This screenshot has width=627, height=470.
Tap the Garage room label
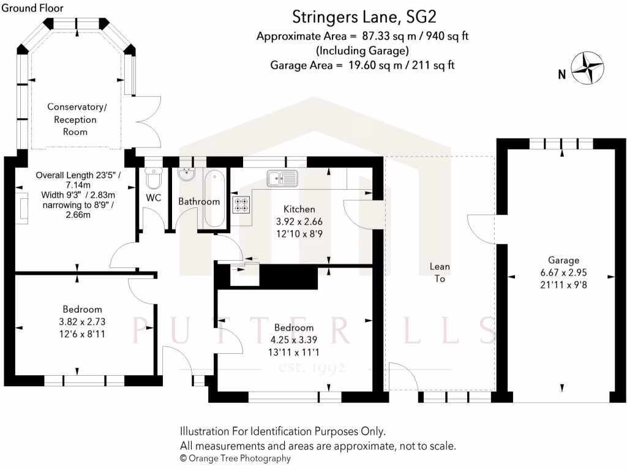click(564, 259)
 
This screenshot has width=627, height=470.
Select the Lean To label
click(440, 272)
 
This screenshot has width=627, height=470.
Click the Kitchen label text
click(299, 209)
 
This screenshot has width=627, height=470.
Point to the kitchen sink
click(282, 178)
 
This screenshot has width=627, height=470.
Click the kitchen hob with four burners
click(241, 204)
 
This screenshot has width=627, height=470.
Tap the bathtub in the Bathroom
click(214, 199)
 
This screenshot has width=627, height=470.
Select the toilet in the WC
click(153, 178)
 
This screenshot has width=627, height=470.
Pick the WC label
click(153, 198)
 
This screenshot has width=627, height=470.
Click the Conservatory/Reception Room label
click(77, 119)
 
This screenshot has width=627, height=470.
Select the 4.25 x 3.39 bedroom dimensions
click(294, 340)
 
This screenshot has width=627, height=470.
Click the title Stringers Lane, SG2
click(355, 16)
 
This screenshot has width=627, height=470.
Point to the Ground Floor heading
click(32, 8)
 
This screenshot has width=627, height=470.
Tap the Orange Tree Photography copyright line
click(235, 458)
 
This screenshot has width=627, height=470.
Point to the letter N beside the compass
click(561, 75)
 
